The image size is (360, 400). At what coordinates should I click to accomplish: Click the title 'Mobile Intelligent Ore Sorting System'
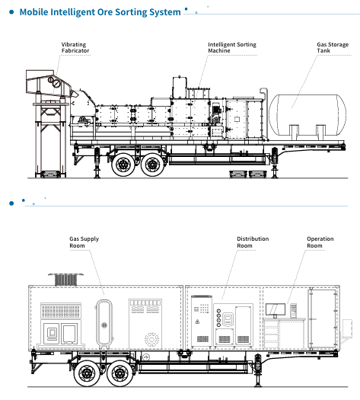(100, 12)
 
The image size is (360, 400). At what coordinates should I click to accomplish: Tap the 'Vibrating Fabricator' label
(75, 48)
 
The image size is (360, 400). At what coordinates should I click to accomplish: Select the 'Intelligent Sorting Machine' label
(232, 48)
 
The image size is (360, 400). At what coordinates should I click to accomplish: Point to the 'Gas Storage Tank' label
(333, 48)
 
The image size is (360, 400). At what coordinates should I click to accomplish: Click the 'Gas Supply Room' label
(84, 242)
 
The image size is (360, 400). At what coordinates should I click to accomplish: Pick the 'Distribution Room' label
(253, 242)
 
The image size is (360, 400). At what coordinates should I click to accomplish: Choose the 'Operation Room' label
(320, 242)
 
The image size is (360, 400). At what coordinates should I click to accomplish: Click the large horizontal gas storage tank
(307, 115)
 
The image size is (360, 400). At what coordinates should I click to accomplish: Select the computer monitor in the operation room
(276, 310)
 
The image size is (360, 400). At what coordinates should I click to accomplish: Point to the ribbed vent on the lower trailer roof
(65, 280)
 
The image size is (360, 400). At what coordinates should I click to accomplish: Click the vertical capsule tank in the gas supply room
(104, 324)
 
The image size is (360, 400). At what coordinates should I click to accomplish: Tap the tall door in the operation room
(322, 319)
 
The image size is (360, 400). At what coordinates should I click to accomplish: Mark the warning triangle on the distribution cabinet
(197, 322)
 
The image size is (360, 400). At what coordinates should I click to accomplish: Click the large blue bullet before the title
(11, 12)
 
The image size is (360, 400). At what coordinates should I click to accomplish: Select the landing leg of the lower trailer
(258, 370)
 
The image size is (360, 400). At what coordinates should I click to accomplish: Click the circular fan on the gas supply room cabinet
(151, 339)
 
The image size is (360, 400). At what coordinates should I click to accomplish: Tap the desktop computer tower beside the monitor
(294, 310)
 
